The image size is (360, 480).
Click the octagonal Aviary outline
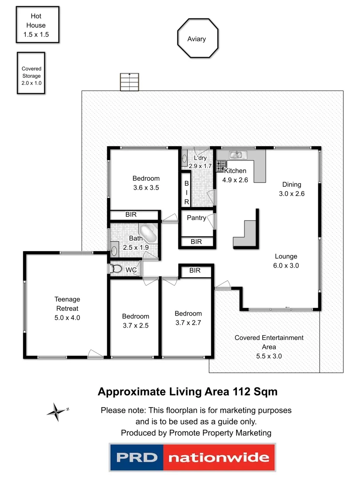(198, 39)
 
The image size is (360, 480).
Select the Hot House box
(37, 25)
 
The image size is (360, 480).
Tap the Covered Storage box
(32, 73)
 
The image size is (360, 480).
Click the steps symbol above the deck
(129, 81)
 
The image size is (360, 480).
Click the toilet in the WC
(117, 269)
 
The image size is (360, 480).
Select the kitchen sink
(238, 155)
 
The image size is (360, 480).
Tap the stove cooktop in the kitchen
(220, 166)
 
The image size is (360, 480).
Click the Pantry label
(196, 218)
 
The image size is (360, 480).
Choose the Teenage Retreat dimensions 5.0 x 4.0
(68, 318)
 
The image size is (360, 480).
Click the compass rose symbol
(56, 412)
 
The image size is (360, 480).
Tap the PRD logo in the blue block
(137, 457)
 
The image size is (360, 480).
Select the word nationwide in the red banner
(219, 458)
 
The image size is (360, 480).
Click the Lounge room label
(286, 256)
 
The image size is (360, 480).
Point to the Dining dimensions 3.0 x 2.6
(292, 193)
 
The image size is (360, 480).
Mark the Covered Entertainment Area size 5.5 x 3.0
(269, 356)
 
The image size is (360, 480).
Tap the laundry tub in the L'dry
(184, 157)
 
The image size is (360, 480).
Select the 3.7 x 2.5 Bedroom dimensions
(136, 325)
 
